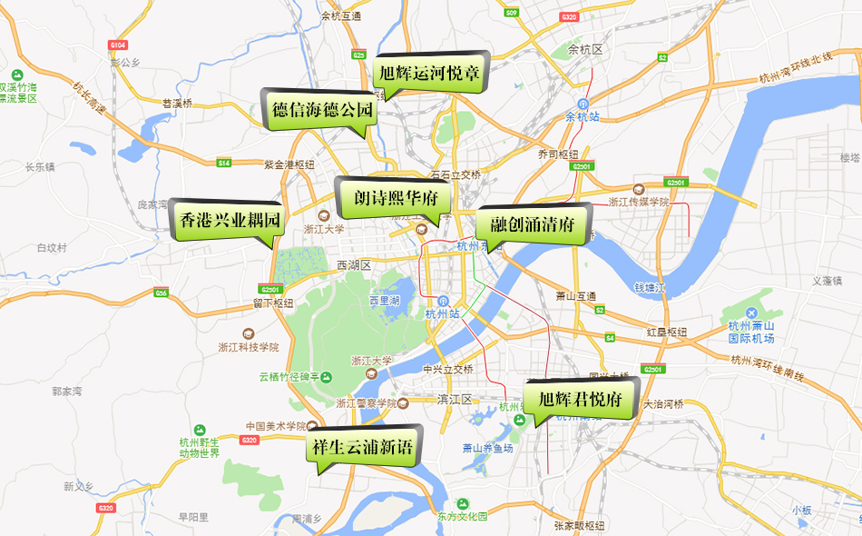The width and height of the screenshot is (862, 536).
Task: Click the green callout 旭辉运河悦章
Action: pos(429,73)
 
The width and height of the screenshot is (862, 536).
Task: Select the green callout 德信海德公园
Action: pos(322,111)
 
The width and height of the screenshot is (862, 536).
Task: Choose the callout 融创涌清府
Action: pos(533,224)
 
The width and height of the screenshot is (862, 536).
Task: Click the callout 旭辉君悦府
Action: pos(580,399)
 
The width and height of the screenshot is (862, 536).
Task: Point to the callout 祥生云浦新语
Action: pos(362,447)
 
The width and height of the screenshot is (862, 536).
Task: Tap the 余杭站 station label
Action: pos(583,116)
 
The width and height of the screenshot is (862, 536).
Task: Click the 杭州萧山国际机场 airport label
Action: pos(751,332)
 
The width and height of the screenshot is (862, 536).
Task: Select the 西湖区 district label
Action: pos(354,265)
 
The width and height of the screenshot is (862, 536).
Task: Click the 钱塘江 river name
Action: pos(650,288)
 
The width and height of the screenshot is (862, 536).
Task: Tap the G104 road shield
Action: pos(118,45)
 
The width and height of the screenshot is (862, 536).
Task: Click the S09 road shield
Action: pos(512,13)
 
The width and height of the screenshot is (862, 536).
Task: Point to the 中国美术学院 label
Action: pos(277,425)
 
